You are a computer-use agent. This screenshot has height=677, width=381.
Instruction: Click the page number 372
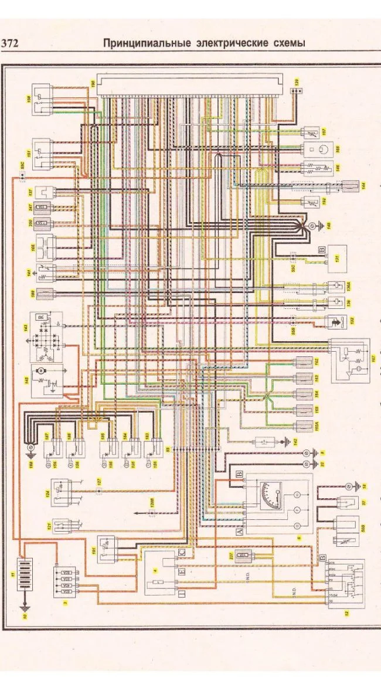click(x=11, y=43)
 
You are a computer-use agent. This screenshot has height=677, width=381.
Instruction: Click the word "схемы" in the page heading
click(x=288, y=43)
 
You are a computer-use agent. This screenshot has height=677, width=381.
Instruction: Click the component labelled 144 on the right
click(x=350, y=187)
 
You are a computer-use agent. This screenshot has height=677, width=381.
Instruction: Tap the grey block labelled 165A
click(x=306, y=426)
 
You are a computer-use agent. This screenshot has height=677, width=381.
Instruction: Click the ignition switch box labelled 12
click(x=345, y=583)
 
